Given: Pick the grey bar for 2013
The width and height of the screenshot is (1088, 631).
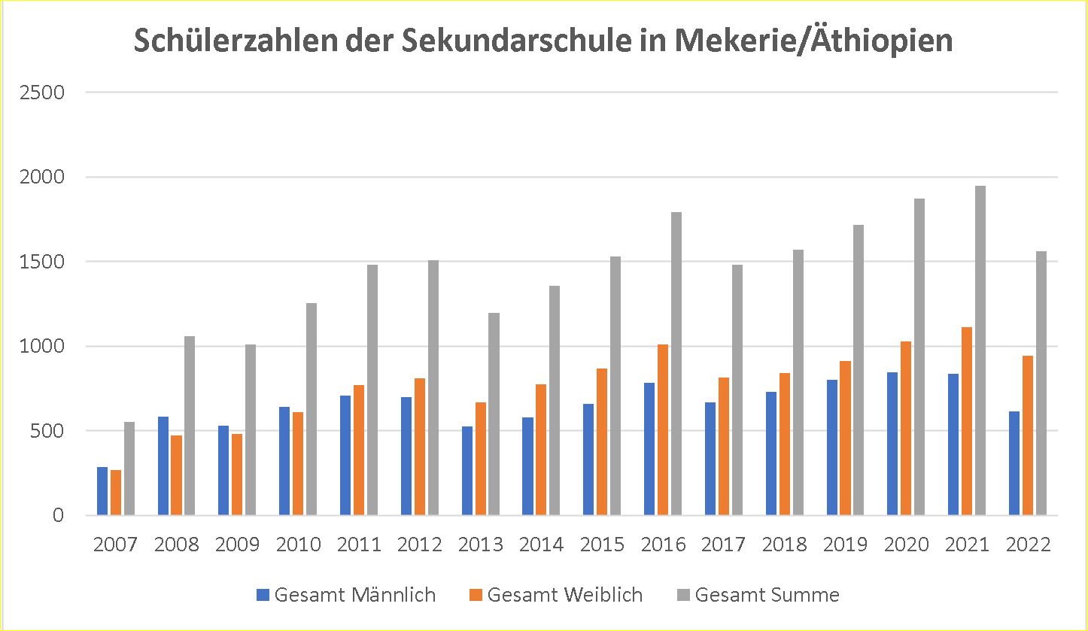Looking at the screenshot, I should point(494,414).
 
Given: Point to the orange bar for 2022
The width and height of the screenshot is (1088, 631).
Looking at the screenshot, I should point(1027,435).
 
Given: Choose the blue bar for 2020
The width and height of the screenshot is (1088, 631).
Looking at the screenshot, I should point(892,444).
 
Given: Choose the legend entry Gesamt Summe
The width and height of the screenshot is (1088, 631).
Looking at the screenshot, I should point(766,595).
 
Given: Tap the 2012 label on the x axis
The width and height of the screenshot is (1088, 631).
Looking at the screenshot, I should point(420,544).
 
